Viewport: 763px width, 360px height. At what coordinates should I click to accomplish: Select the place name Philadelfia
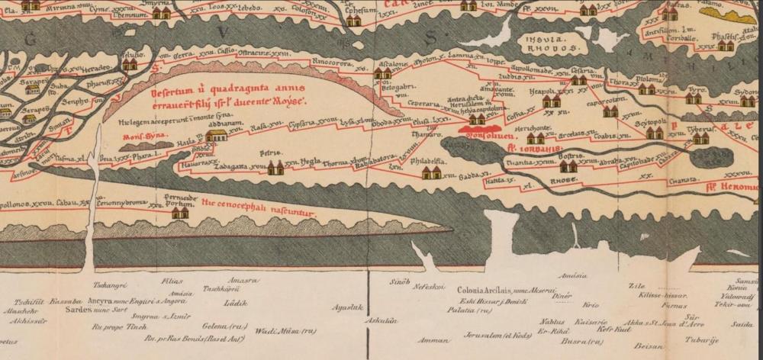(429, 162)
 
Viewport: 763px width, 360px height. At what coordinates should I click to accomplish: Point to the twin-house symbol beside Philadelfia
(432, 172)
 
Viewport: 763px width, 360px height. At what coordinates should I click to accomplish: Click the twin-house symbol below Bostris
(568, 166)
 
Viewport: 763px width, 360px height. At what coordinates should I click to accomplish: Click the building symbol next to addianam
(217, 135)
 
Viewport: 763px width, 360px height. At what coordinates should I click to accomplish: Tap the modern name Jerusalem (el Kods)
(487, 334)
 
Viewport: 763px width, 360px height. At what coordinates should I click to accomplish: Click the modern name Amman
(433, 340)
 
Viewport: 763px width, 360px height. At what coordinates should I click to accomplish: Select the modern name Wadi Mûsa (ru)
(275, 330)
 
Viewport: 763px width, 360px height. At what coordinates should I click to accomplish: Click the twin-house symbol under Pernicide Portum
(180, 213)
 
